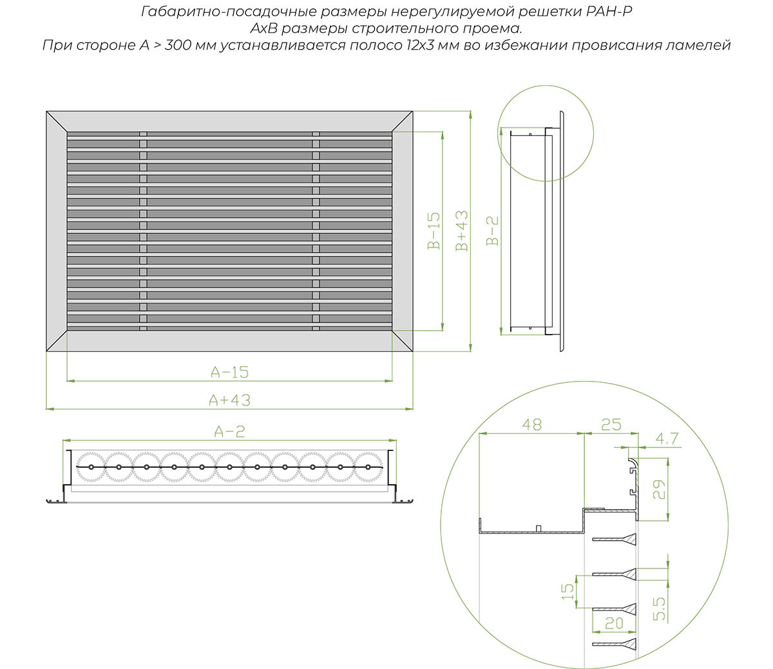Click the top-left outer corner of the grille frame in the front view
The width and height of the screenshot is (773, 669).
coord(46,111)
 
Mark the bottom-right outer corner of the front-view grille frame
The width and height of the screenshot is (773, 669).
coord(413,351)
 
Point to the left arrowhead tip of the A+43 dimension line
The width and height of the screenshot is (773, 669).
coord(46,409)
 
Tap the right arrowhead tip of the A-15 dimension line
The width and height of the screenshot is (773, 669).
coord(392,381)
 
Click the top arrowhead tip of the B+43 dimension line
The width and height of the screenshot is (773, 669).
coord(470,111)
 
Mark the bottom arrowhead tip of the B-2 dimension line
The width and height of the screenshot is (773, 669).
coord(501,335)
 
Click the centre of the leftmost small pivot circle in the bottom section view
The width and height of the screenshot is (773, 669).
coord(91,467)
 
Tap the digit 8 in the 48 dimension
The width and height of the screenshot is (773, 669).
coord(537,424)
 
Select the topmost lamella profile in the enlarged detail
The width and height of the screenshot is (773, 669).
coord(614,539)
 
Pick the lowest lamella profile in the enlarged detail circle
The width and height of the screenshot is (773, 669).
coord(614,644)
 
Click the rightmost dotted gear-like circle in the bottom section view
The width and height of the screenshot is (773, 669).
coord(368,467)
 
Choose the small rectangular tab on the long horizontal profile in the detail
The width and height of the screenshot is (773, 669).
coord(539,528)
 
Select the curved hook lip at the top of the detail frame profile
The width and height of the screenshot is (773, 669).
coord(633,463)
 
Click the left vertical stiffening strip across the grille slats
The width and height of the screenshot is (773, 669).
coord(143,231)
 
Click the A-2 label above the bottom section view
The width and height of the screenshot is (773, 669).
coord(229,431)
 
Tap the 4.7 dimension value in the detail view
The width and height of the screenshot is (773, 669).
coord(667,438)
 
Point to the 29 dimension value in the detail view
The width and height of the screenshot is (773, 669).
coord(660,489)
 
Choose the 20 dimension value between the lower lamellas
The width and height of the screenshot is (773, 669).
coord(614,623)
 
